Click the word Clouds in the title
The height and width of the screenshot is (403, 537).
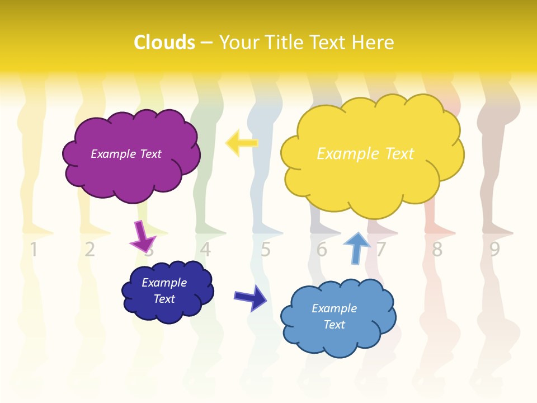[x=164, y=43]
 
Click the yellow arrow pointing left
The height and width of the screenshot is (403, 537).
[x=242, y=143]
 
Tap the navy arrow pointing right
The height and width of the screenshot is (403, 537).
[x=251, y=298]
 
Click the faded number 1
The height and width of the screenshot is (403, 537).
[x=34, y=250]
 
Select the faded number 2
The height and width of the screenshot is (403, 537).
[x=90, y=250]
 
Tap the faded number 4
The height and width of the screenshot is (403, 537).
[x=205, y=250]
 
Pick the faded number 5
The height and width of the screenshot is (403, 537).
[x=266, y=250]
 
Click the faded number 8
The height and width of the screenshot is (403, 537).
[x=437, y=250]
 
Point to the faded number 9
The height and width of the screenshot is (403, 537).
[x=494, y=250]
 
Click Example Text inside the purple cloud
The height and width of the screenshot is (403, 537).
[x=126, y=154]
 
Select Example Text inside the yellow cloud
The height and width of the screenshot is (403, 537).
[x=365, y=154]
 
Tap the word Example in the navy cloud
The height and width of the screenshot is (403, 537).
[x=164, y=283]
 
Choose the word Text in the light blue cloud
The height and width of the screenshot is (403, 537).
[x=334, y=325]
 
